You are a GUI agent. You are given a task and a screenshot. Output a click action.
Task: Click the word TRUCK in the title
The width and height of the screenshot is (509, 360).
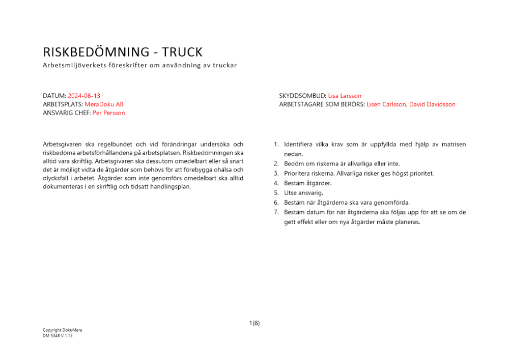click(x=182, y=52)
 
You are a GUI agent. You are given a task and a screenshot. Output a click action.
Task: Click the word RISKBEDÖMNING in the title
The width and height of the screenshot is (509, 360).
click(x=96, y=52)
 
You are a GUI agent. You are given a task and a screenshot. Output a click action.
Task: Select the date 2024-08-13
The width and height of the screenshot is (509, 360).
click(x=84, y=96)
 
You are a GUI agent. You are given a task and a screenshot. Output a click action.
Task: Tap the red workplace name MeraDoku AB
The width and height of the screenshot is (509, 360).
click(x=104, y=104)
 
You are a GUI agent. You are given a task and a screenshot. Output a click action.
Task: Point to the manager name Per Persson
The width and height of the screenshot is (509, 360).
click(x=108, y=113)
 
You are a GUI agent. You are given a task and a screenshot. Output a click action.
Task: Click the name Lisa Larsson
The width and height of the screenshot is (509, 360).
click(x=345, y=96)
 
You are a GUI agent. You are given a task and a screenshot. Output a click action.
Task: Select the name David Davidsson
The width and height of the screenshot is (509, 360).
click(x=434, y=104)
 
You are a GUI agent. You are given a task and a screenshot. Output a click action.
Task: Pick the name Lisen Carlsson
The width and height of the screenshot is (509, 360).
click(x=386, y=104)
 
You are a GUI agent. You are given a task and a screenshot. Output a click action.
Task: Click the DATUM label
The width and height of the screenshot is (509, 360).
click(x=54, y=96)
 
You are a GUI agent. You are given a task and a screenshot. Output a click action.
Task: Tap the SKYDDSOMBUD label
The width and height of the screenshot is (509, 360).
click(x=302, y=96)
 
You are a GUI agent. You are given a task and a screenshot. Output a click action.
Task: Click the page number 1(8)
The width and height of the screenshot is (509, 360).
click(x=254, y=323)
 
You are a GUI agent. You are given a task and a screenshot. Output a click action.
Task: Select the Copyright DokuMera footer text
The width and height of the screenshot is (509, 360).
click(x=62, y=330)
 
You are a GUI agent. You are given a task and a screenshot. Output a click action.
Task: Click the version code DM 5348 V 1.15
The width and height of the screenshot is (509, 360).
click(x=58, y=336)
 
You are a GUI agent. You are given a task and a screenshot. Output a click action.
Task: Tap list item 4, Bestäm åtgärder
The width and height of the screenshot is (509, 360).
click(x=307, y=183)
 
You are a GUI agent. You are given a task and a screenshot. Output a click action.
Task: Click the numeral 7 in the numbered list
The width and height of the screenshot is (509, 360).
click(x=276, y=212)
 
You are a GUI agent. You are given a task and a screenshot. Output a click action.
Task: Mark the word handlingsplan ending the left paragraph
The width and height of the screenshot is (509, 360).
click(x=173, y=186)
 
